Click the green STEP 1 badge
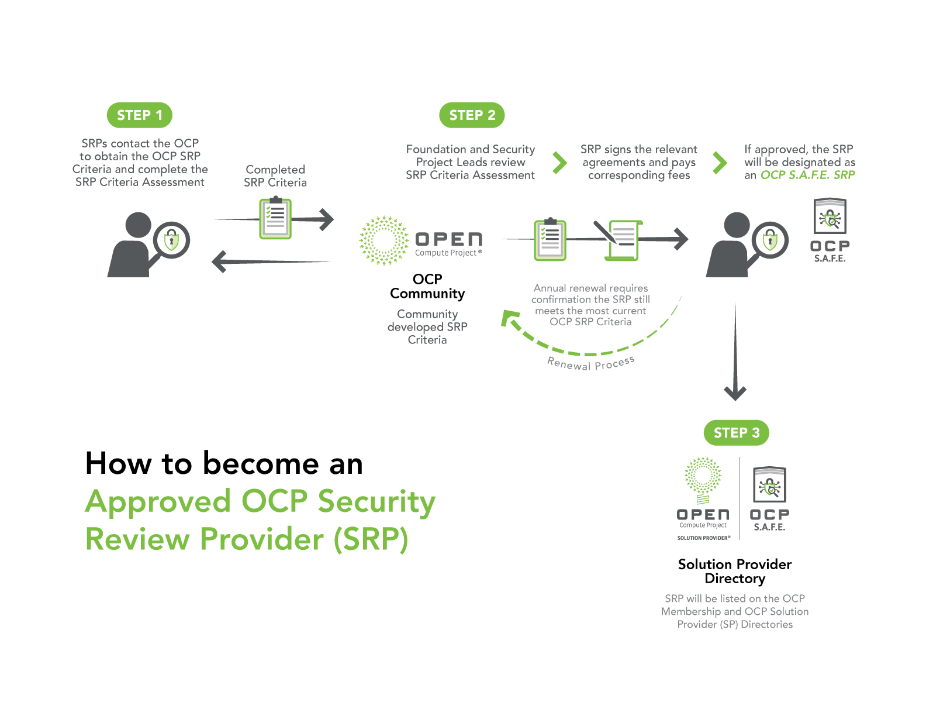(139, 115)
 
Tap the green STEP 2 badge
(472, 115)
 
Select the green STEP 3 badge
(737, 433)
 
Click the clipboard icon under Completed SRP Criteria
(275, 218)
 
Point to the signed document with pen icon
(619, 240)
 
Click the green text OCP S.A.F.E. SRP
(807, 175)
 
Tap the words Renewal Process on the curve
(591, 364)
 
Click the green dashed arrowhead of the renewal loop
(510, 318)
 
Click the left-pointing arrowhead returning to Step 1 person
(219, 261)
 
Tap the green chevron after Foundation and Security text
(560, 163)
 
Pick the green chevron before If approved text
(720, 163)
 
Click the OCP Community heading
(427, 286)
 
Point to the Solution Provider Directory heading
(735, 572)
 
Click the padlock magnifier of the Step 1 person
(171, 240)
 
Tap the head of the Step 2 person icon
(737, 225)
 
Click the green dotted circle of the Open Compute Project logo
(384, 240)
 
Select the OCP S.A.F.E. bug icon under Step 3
(769, 484)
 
